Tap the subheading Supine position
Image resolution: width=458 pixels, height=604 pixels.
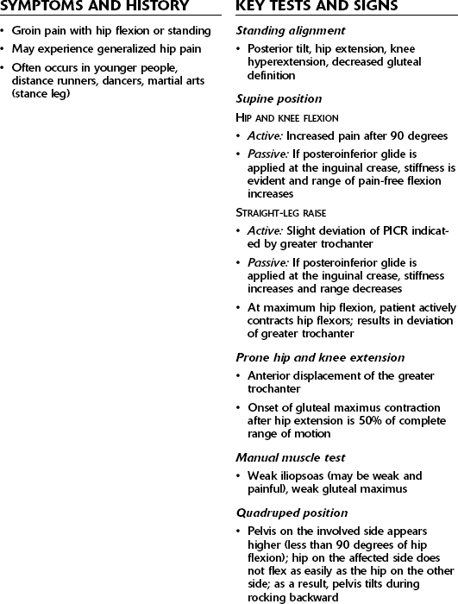(x=279, y=99)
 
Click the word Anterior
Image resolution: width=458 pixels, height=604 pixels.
(x=269, y=375)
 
